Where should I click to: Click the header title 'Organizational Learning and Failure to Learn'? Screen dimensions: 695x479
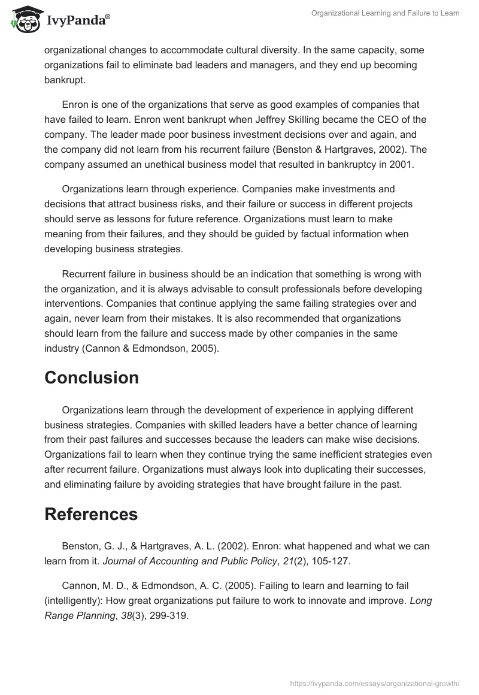click(386, 13)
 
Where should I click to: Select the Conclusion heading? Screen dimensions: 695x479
click(92, 377)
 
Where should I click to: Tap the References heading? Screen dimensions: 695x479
click(91, 514)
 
